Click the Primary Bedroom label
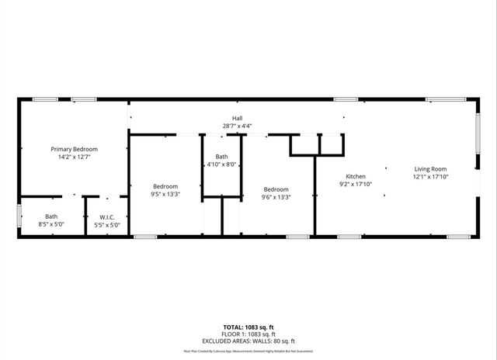point(75,148)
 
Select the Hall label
point(237,118)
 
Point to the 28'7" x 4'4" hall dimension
point(237,126)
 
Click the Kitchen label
point(356,176)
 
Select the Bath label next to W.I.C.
point(51,217)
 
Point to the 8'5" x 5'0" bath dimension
point(51,225)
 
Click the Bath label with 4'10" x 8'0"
point(221,157)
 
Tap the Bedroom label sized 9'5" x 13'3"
point(165,186)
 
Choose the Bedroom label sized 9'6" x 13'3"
point(276,189)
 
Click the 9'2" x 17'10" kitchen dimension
point(356,184)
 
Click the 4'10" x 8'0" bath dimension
point(221,164)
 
